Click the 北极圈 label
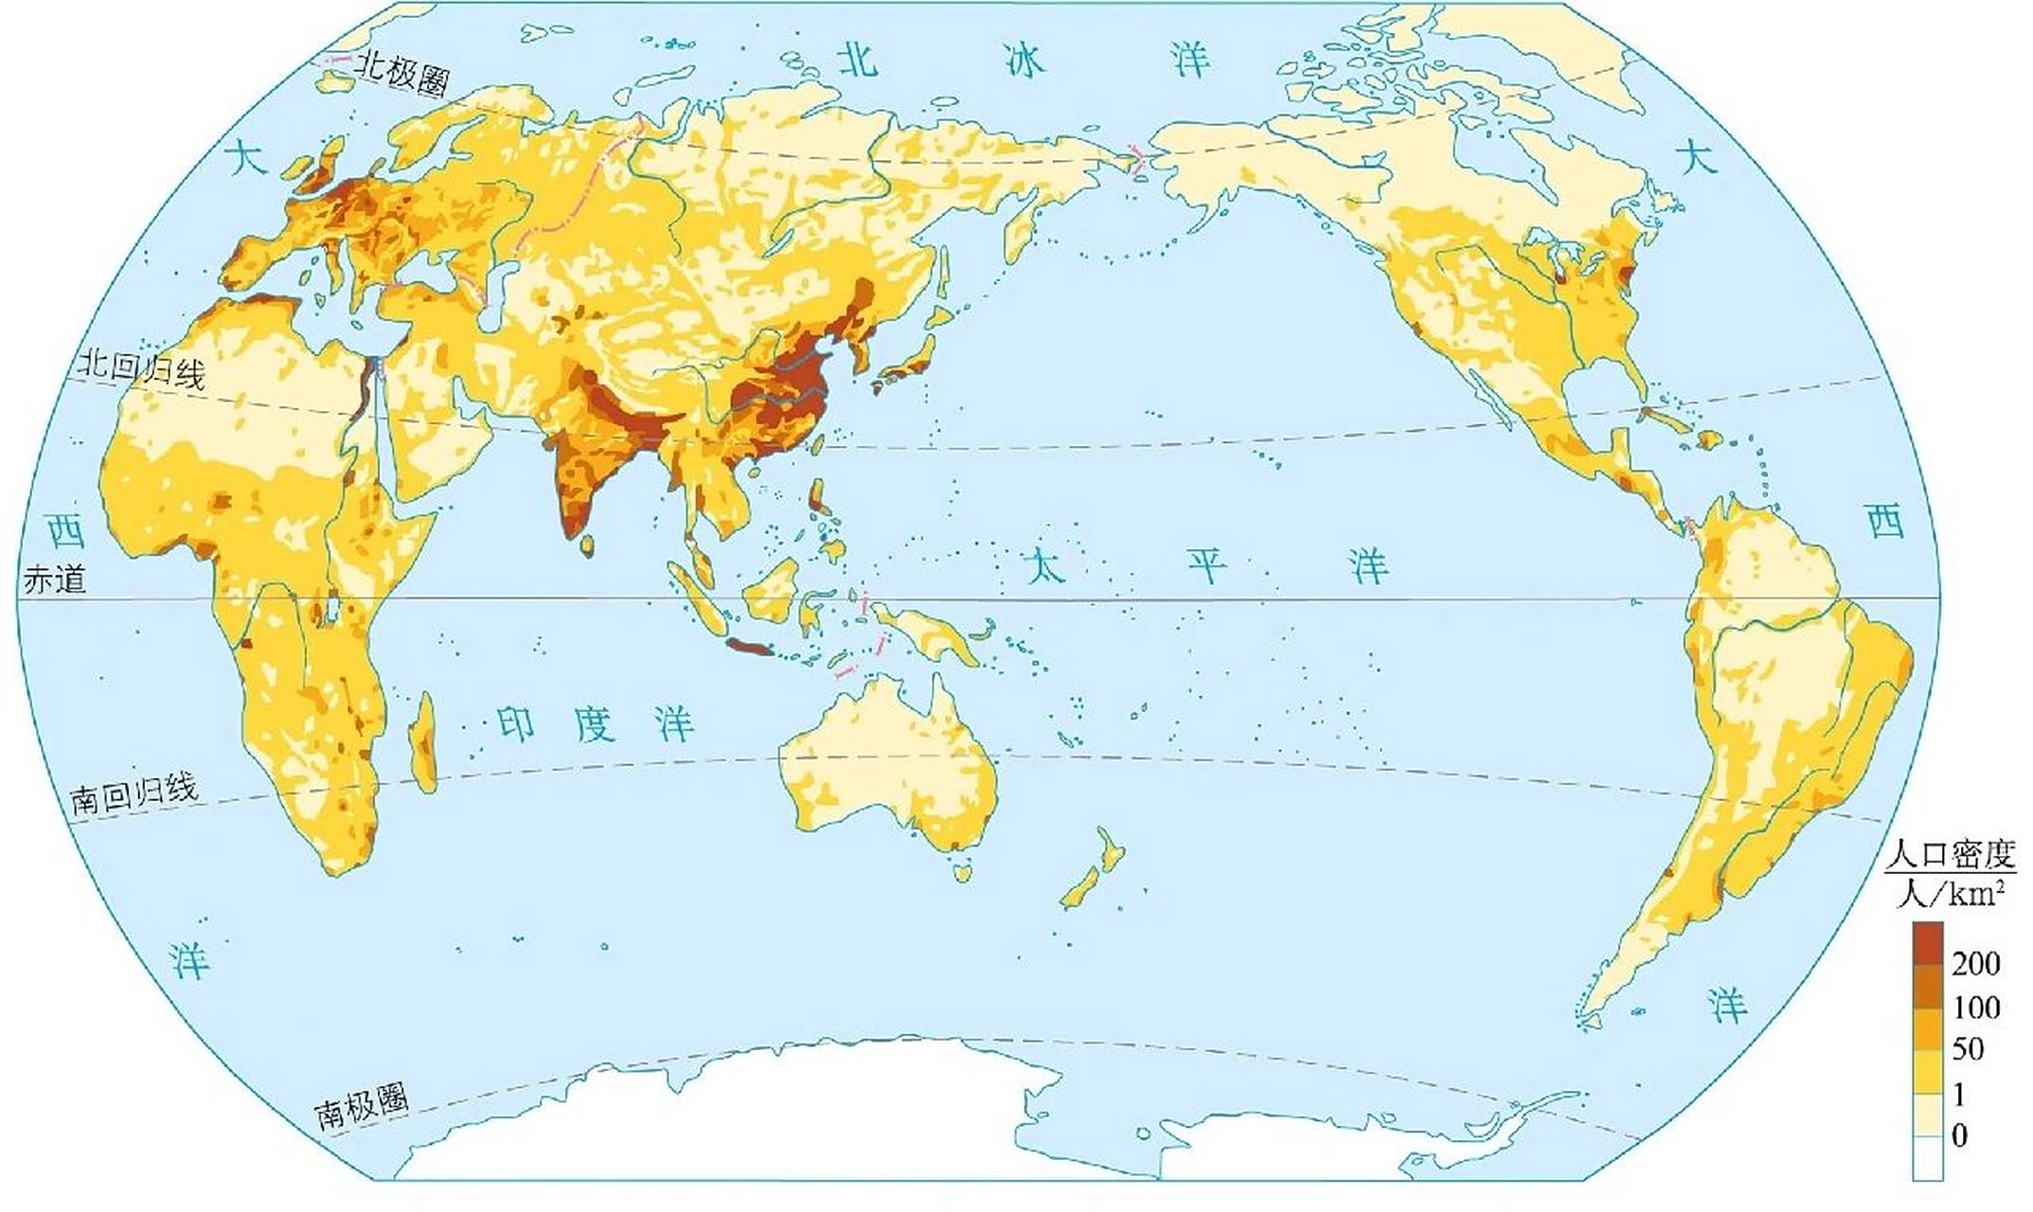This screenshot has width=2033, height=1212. [x=402, y=72]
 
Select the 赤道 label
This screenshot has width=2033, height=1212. [x=55, y=579]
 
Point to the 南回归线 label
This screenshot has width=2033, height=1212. [x=134, y=793]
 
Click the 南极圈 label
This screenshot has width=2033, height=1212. [x=362, y=1106]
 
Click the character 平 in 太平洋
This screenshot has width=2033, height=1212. [x=1208, y=566]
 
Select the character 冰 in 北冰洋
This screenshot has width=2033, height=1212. [x=1024, y=62]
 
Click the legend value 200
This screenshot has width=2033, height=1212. [x=1975, y=964]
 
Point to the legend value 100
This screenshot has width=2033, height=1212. [x=1976, y=1007]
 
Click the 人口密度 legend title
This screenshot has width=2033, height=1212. [x=1951, y=855]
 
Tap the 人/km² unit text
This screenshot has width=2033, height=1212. [x=1951, y=892]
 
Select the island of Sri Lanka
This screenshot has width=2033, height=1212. [x=587, y=544]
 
